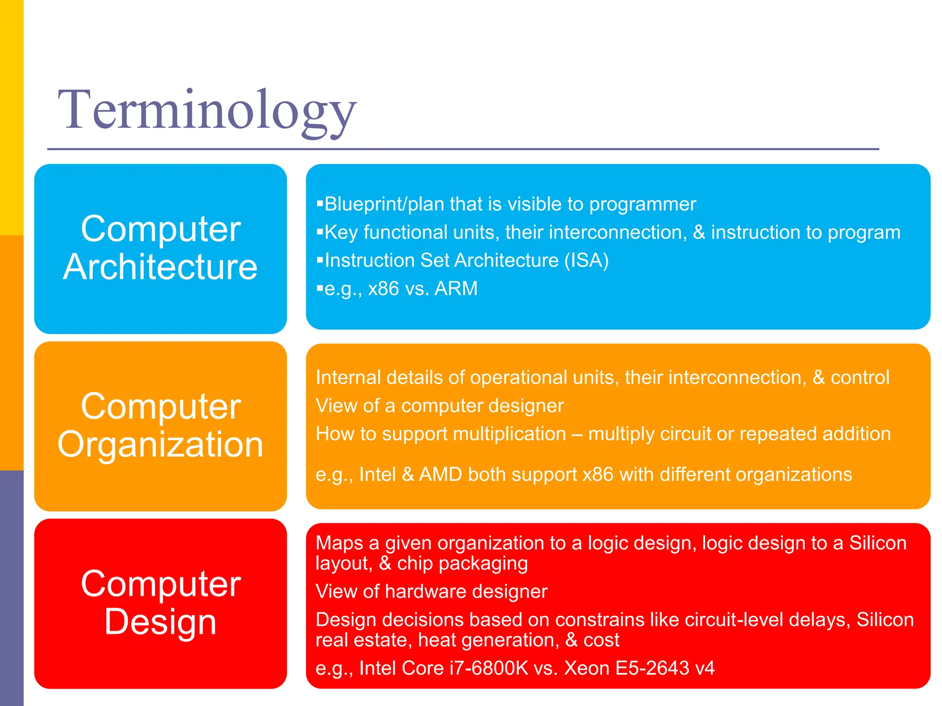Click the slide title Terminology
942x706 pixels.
[207, 110]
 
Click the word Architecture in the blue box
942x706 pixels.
[160, 268]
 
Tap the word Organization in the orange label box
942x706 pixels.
[160, 445]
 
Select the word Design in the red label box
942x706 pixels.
[160, 622]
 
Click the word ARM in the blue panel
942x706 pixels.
[456, 289]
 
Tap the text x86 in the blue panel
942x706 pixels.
[383, 289]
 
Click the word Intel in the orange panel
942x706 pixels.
[377, 474]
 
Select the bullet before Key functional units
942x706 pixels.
[320, 232]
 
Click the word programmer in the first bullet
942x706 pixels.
[643, 205]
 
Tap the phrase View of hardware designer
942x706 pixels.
[431, 592]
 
